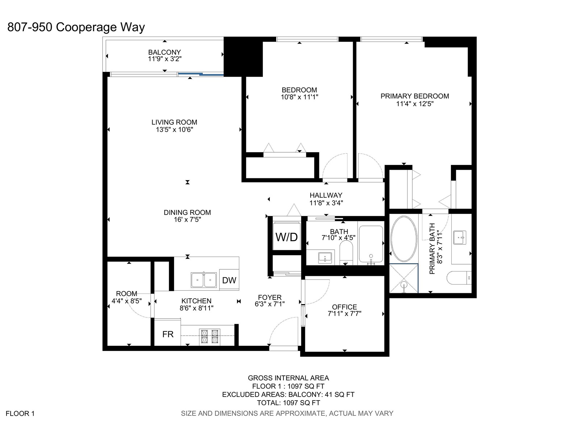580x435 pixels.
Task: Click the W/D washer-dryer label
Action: tap(286, 237)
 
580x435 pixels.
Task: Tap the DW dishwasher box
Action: tap(229, 280)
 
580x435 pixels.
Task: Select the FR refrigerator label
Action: tap(168, 334)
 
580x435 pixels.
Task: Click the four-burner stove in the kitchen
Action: tap(210, 336)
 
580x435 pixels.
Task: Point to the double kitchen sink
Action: tap(204, 280)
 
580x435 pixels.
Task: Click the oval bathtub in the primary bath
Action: tap(404, 239)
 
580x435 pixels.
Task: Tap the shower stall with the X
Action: tap(404, 278)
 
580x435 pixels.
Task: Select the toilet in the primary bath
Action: tap(459, 278)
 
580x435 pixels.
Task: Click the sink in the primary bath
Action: tap(460, 237)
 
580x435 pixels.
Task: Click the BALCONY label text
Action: tap(164, 52)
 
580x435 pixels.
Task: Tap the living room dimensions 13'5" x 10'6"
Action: tap(174, 129)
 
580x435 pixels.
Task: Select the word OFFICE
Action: tap(344, 307)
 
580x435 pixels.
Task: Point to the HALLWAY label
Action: tap(326, 195)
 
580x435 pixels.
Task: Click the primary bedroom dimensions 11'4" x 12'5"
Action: tap(415, 104)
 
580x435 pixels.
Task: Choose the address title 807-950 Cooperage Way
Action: tap(76, 27)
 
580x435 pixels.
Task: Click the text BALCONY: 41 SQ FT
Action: tap(321, 395)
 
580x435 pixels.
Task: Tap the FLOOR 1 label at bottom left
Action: tap(20, 414)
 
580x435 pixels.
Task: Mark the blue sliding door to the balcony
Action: tap(201, 74)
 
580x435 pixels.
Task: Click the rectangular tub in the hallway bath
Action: tap(371, 244)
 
